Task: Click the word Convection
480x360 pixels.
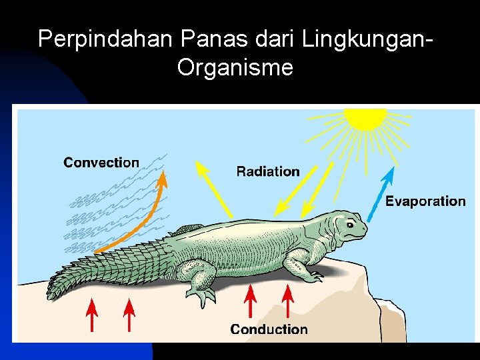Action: pyautogui.click(x=101, y=162)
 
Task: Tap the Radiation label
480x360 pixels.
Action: pyautogui.click(x=268, y=171)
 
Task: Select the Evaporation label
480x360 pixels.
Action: pyautogui.click(x=425, y=201)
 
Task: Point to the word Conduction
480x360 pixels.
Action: pyautogui.click(x=269, y=329)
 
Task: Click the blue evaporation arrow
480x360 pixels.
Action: pyautogui.click(x=382, y=193)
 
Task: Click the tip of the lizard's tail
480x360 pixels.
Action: pyautogui.click(x=51, y=292)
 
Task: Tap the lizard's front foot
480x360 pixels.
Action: pyautogui.click(x=305, y=271)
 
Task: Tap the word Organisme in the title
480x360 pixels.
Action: pyautogui.click(x=235, y=67)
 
